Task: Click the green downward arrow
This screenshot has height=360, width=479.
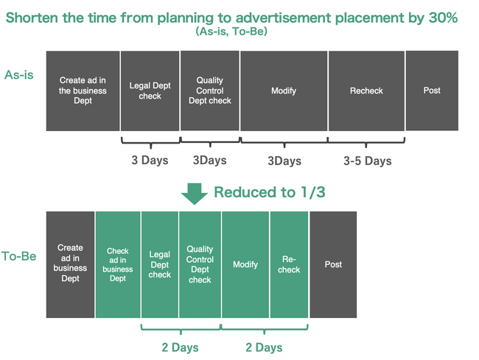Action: click(195, 194)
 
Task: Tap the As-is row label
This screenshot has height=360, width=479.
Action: click(19, 75)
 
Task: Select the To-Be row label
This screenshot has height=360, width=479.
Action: click(19, 256)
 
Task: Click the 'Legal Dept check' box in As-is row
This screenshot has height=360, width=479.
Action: click(150, 91)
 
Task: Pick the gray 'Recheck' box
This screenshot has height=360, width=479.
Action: click(366, 91)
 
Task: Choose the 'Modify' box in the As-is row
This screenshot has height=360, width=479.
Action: click(284, 91)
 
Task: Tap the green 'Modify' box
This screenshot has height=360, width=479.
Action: click(245, 264)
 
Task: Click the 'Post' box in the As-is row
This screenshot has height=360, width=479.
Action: click(432, 91)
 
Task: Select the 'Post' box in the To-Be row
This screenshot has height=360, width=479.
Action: click(333, 264)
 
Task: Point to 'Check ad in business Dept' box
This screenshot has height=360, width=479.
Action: click(118, 264)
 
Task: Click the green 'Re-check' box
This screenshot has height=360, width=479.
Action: click(289, 264)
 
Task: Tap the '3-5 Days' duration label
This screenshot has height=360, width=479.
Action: click(368, 160)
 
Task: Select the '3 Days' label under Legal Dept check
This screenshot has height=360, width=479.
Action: click(150, 160)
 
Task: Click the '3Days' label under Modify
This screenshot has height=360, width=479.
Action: click(284, 160)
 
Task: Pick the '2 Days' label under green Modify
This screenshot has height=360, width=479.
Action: click(264, 347)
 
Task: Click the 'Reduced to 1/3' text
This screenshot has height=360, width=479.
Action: click(270, 192)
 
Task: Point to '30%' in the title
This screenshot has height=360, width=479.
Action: click(443, 18)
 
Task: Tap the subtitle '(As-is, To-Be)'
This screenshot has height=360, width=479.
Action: click(231, 31)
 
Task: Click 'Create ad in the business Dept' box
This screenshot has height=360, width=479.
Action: click(83, 91)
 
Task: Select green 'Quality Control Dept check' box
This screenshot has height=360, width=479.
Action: click(200, 264)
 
